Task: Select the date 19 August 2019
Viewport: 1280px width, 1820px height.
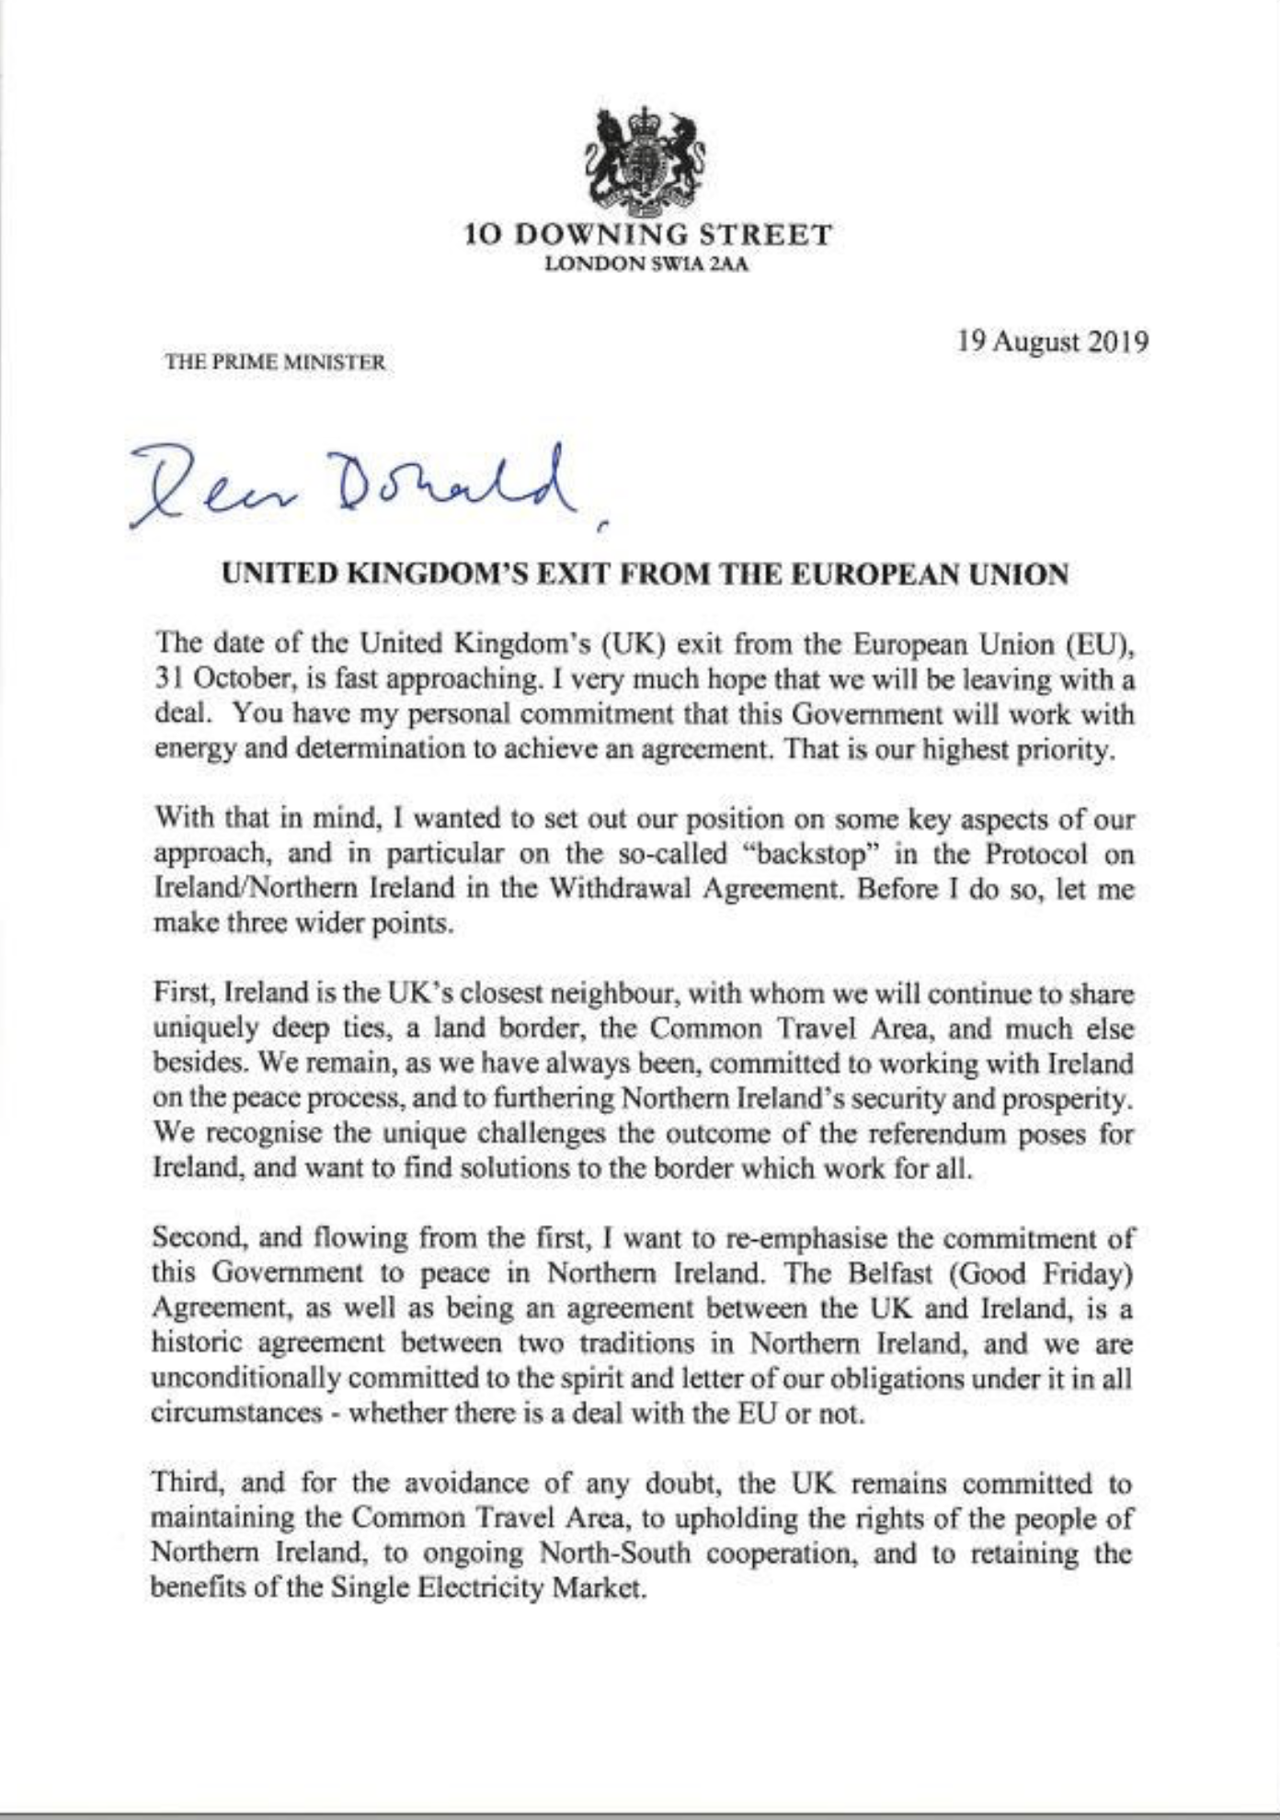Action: pos(1052,343)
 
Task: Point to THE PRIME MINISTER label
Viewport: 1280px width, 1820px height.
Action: pos(275,362)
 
